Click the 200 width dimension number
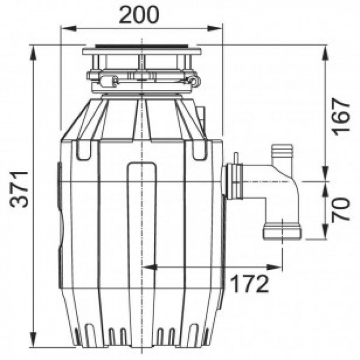[x=139, y=15]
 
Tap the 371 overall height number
[x=20, y=189]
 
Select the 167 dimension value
[x=341, y=117]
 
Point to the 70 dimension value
[x=341, y=209]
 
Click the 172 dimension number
[x=249, y=284]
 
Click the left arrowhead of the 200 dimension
[x=69, y=28]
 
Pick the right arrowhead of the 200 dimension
[x=214, y=28]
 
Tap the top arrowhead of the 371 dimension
[x=33, y=53]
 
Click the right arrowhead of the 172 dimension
[x=274, y=267]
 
